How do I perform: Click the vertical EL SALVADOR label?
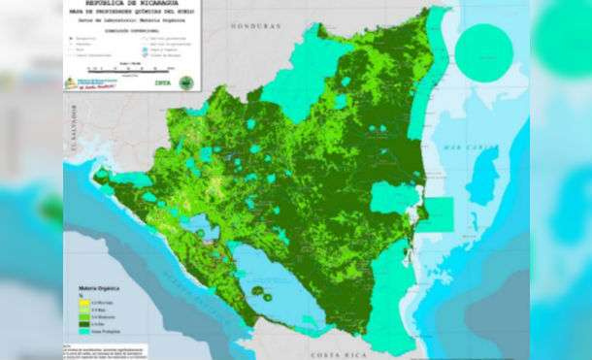(70, 146)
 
